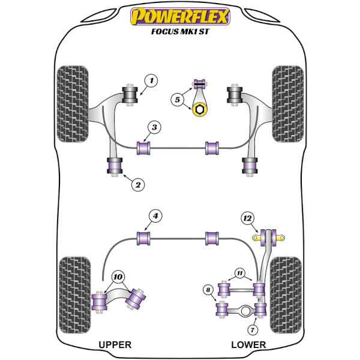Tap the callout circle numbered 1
coord(151,79)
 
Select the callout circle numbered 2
coord(137,185)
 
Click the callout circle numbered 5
coord(177,100)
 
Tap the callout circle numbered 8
coord(208,291)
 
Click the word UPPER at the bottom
coord(114,345)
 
